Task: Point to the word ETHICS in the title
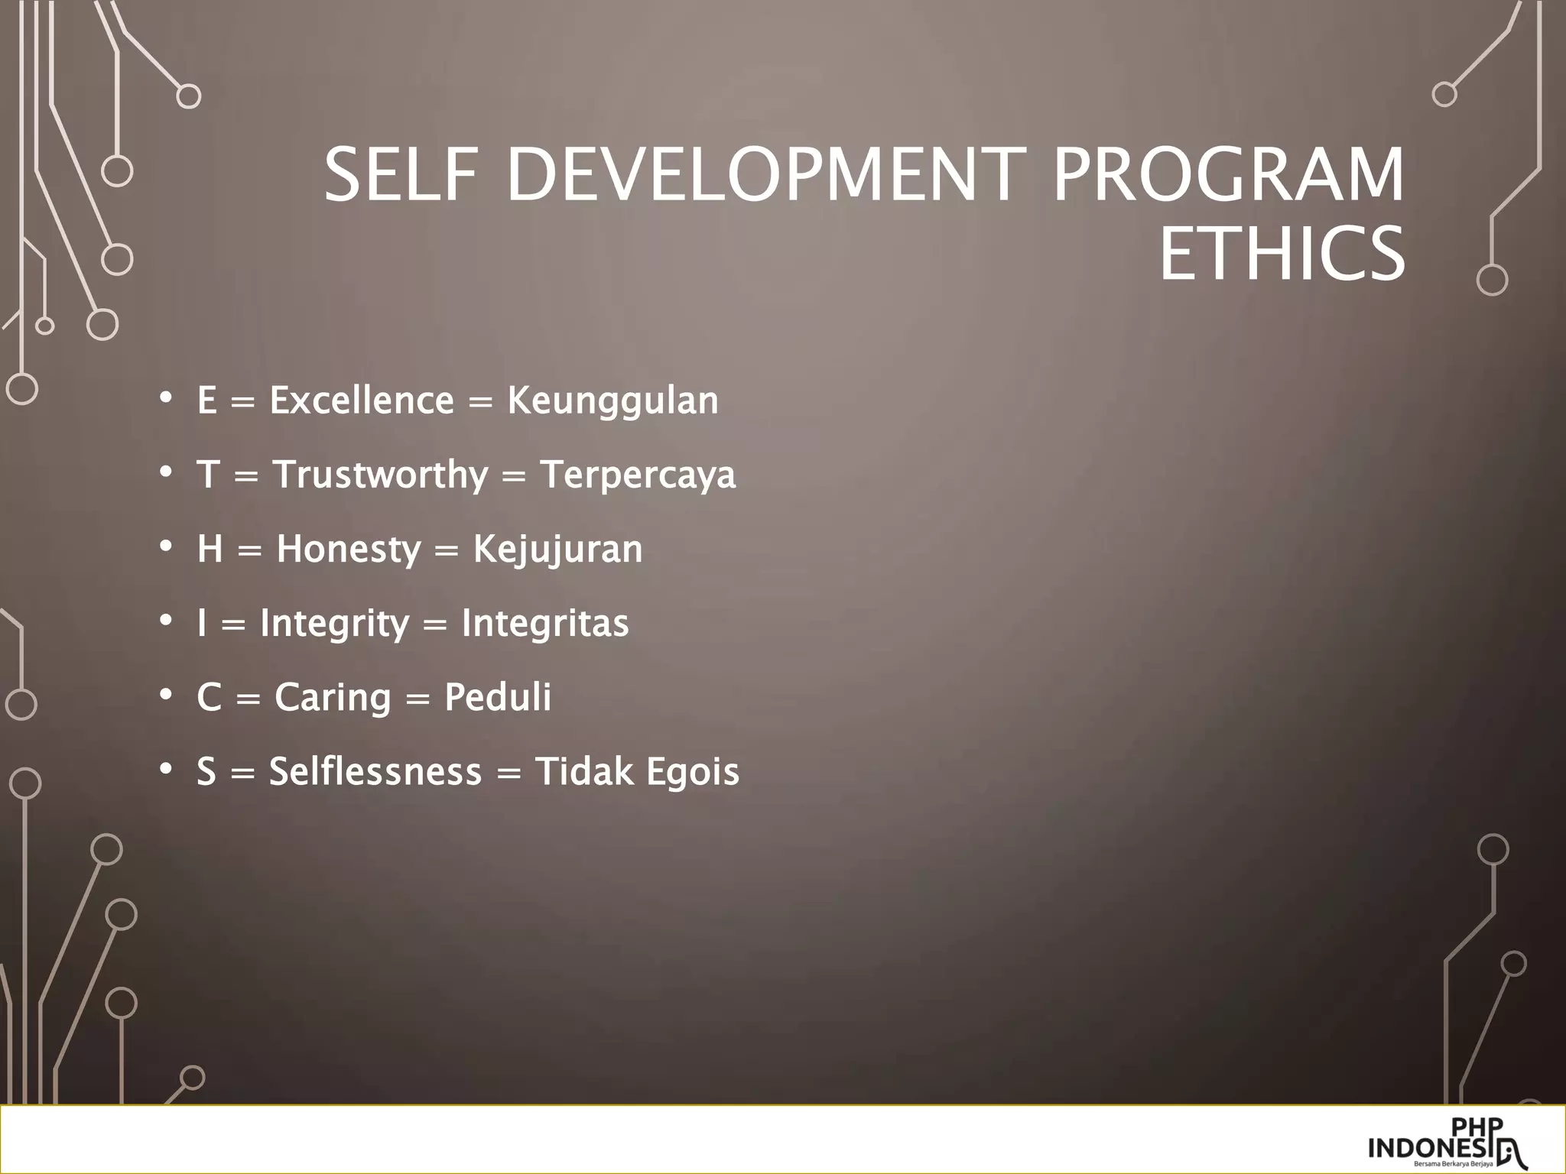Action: click(1282, 253)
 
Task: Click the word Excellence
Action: click(362, 401)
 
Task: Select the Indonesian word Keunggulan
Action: click(612, 401)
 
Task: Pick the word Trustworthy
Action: click(380, 475)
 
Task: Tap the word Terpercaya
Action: click(638, 475)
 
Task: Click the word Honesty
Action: click(349, 550)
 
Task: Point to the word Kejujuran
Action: click(557, 550)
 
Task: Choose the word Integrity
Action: click(335, 624)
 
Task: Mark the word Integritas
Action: click(544, 623)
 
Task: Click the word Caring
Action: click(333, 698)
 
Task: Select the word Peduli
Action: click(497, 697)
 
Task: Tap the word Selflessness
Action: click(375, 771)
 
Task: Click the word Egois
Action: click(693, 772)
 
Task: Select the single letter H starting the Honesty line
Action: click(210, 549)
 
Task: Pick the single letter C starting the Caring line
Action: click(210, 697)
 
